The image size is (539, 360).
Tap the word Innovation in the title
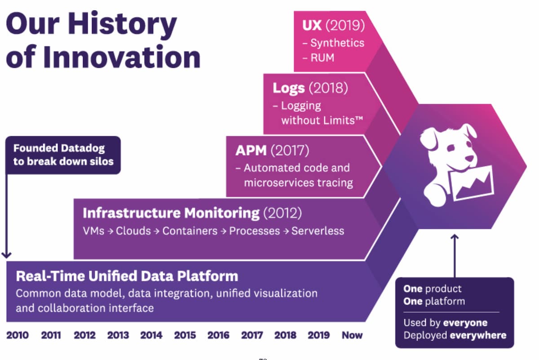pos(123,57)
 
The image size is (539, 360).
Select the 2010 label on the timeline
pos(18,335)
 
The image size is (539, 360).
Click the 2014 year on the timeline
pos(151,335)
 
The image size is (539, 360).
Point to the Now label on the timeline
pos(352,335)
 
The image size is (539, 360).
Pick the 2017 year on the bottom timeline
pos(252,335)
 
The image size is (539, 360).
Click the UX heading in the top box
pos(312,25)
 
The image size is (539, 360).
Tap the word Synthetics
pos(337,43)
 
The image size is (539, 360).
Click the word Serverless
pos(318,231)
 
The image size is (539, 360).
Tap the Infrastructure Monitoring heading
pos(171,213)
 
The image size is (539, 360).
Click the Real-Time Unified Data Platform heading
pos(127,276)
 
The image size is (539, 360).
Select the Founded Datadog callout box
pos(63,155)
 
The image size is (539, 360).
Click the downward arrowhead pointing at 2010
pos(6,255)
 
